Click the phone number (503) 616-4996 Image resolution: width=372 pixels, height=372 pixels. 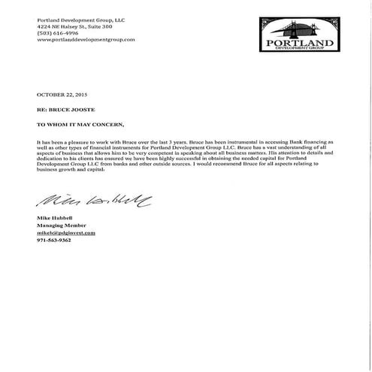pos(57,32)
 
